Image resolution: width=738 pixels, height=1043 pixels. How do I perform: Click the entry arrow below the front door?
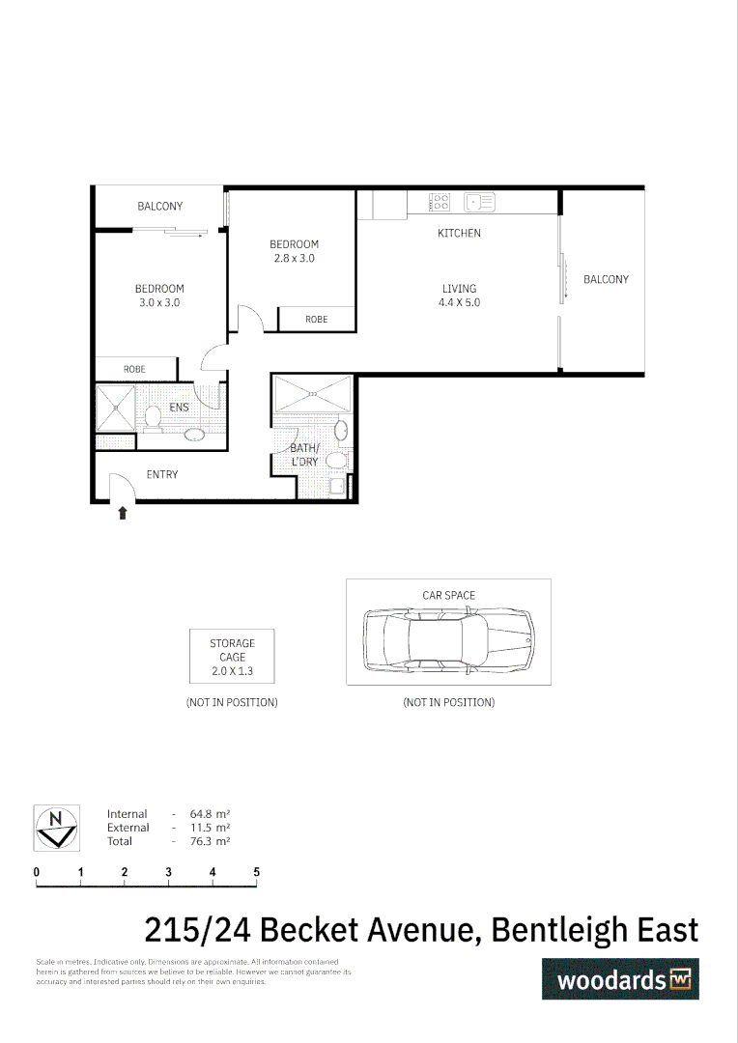pos(123,514)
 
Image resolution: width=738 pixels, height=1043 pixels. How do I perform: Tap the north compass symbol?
pos(56,828)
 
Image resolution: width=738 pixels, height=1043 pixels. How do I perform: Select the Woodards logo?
pos(619,979)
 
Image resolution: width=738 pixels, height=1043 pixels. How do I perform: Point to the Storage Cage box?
pos(233,657)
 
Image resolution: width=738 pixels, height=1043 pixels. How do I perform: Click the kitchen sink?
pos(479,202)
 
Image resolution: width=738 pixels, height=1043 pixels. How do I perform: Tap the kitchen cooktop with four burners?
pos(440,202)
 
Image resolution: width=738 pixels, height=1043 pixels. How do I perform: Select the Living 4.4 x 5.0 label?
pos(460,296)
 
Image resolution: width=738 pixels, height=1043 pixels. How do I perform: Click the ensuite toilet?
pos(153,417)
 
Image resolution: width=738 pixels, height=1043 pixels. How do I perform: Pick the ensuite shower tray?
pos(114,409)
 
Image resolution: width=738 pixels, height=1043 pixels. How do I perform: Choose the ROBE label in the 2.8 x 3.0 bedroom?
pos(316,320)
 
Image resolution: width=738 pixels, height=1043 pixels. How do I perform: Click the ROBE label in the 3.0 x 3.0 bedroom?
pos(134,369)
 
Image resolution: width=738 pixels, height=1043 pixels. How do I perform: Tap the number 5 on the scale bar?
pos(257,872)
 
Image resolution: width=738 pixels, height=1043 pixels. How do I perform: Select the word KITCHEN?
pos(459,234)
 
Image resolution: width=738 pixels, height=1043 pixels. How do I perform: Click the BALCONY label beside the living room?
pos(606,280)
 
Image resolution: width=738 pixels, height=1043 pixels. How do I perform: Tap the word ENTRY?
pos(162,474)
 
